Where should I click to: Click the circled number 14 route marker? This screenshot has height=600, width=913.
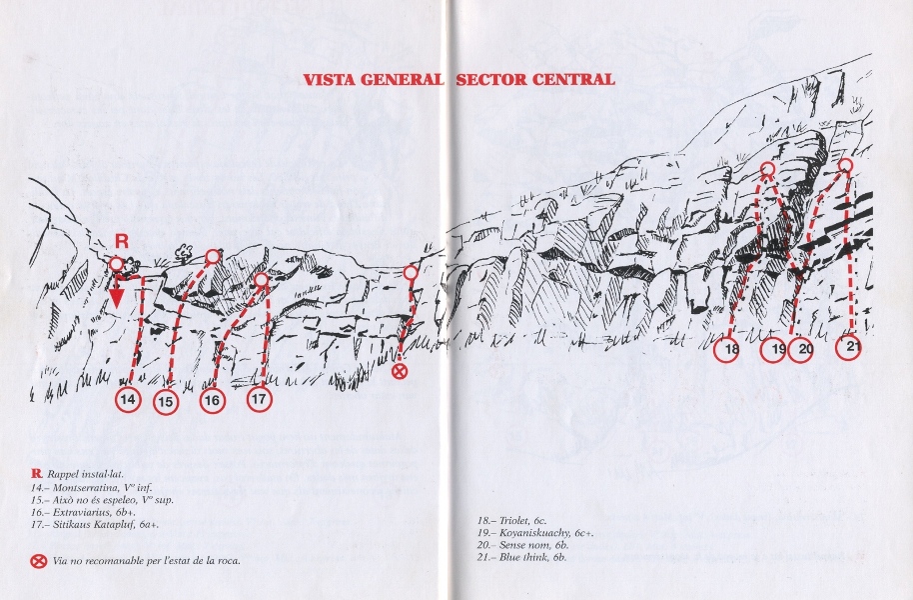click(x=129, y=399)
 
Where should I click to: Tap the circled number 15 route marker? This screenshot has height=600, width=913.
click(x=167, y=402)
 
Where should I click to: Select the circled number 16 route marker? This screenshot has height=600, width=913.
click(x=213, y=401)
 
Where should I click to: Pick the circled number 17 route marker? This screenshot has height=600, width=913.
click(x=260, y=399)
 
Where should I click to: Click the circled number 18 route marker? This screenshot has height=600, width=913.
click(x=731, y=349)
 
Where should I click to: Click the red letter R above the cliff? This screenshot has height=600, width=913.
click(x=121, y=242)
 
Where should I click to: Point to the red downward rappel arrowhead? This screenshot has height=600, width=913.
click(x=117, y=299)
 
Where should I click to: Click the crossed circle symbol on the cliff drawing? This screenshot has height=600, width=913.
click(x=399, y=371)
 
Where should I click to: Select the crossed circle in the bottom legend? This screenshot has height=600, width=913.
click(x=38, y=562)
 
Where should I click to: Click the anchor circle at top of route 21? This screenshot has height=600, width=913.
click(x=845, y=166)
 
